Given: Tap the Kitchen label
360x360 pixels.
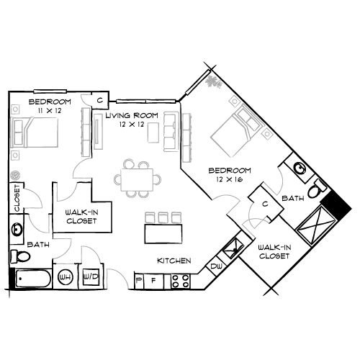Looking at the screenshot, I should coord(173,260).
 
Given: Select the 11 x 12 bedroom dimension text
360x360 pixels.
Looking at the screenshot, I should coord(45,111).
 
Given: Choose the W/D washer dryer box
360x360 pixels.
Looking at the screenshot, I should coord(90,276).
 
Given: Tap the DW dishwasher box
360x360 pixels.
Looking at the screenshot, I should coord(216,266).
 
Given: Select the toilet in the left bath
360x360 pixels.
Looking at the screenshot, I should coord(16,256).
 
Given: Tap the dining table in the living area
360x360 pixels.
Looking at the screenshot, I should coord(136,177).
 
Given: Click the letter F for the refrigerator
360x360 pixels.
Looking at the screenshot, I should coord(153,278).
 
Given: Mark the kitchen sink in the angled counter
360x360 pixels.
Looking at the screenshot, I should coord(232,250).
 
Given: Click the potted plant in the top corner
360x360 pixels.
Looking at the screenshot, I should coord(212,81).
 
